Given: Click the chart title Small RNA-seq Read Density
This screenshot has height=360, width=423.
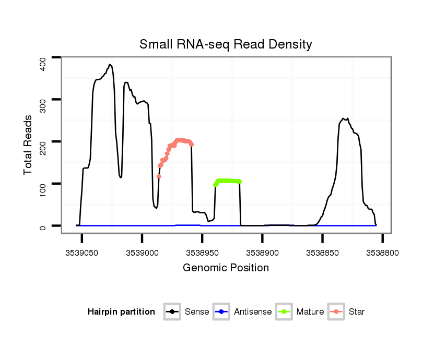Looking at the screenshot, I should (x=226, y=44).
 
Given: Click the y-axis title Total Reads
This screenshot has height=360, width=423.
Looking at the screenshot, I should (x=28, y=145).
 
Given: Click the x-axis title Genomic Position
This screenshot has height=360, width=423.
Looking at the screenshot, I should (x=226, y=268).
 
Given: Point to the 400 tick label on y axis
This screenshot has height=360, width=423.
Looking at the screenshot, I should (x=43, y=63).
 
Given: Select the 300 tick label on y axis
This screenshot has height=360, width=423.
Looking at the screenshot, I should (x=43, y=100).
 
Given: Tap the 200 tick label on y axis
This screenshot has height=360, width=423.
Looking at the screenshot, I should (x=43, y=141).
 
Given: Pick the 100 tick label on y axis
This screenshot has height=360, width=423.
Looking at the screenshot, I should (x=43, y=184).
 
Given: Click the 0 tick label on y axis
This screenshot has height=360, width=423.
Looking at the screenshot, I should (x=43, y=226).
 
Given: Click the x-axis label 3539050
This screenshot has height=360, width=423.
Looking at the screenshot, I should (x=82, y=253).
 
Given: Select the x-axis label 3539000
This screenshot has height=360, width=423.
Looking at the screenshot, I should (x=142, y=253).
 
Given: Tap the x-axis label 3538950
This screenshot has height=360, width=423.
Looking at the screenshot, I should (x=202, y=253).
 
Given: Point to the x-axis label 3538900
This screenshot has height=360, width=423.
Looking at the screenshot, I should (x=262, y=253).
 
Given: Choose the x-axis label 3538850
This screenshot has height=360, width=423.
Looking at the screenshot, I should (x=322, y=253).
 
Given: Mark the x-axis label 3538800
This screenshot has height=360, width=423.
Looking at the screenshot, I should (x=382, y=253).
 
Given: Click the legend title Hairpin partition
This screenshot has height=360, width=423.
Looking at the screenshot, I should (x=121, y=312).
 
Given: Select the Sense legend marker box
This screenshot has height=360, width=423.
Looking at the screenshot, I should (x=172, y=312).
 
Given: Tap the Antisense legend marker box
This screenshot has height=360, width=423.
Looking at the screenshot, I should (x=221, y=312).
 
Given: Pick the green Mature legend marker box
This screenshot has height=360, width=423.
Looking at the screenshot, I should (x=284, y=312).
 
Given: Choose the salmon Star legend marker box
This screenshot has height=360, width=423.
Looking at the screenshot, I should (x=336, y=312).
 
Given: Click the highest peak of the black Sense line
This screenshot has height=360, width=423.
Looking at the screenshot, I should (x=110, y=65).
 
